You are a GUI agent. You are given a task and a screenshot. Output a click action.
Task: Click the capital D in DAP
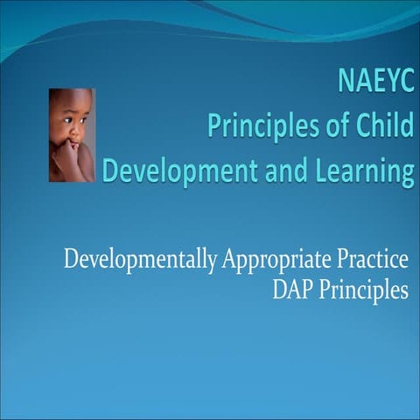click(278, 290)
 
